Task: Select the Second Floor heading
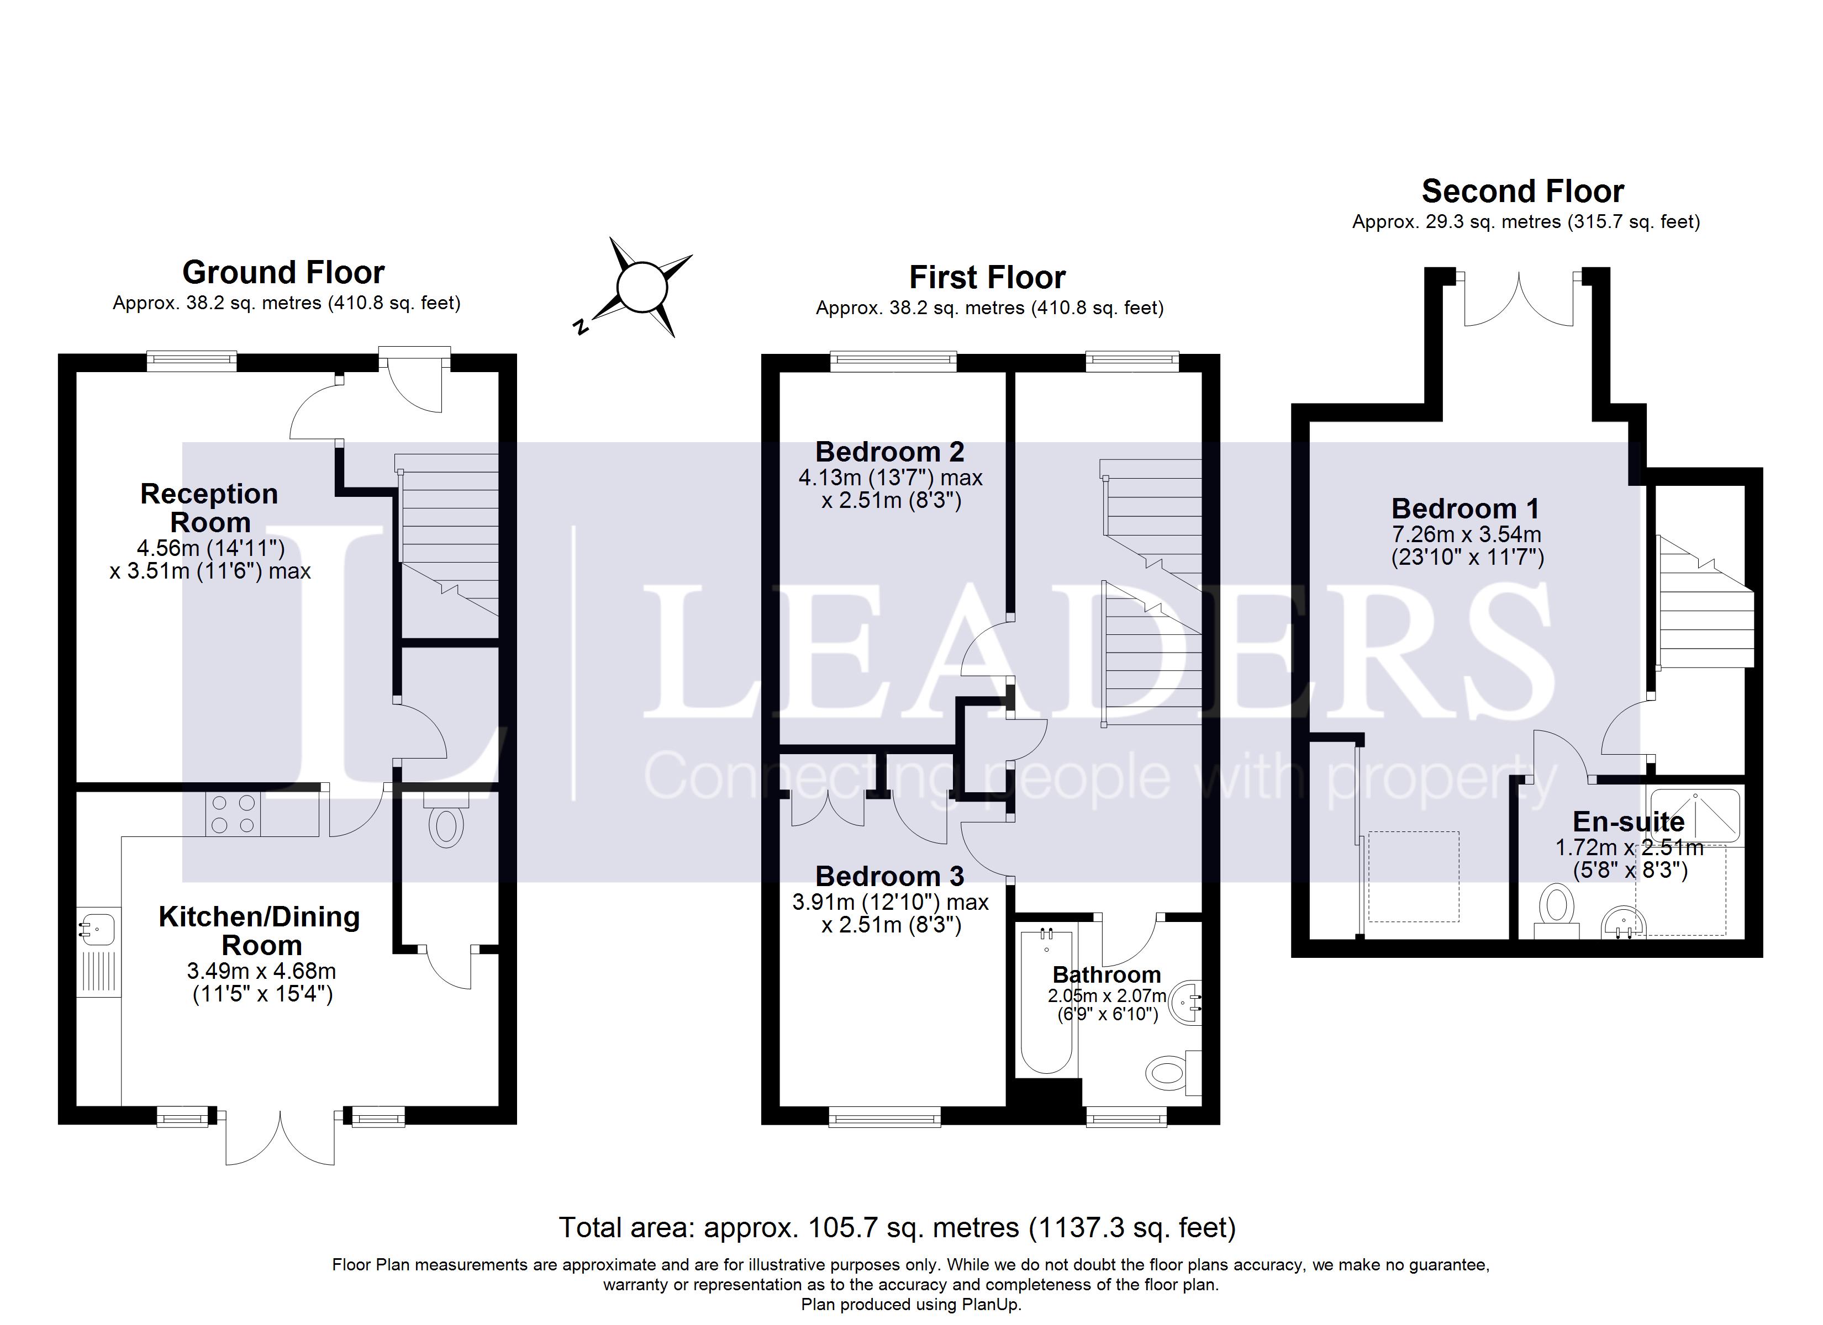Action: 1522,191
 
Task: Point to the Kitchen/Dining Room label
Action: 260,930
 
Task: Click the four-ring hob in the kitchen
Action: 233,813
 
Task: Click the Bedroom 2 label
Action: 890,452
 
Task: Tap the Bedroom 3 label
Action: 890,876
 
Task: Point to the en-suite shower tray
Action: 1694,815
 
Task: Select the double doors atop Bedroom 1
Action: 1519,299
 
